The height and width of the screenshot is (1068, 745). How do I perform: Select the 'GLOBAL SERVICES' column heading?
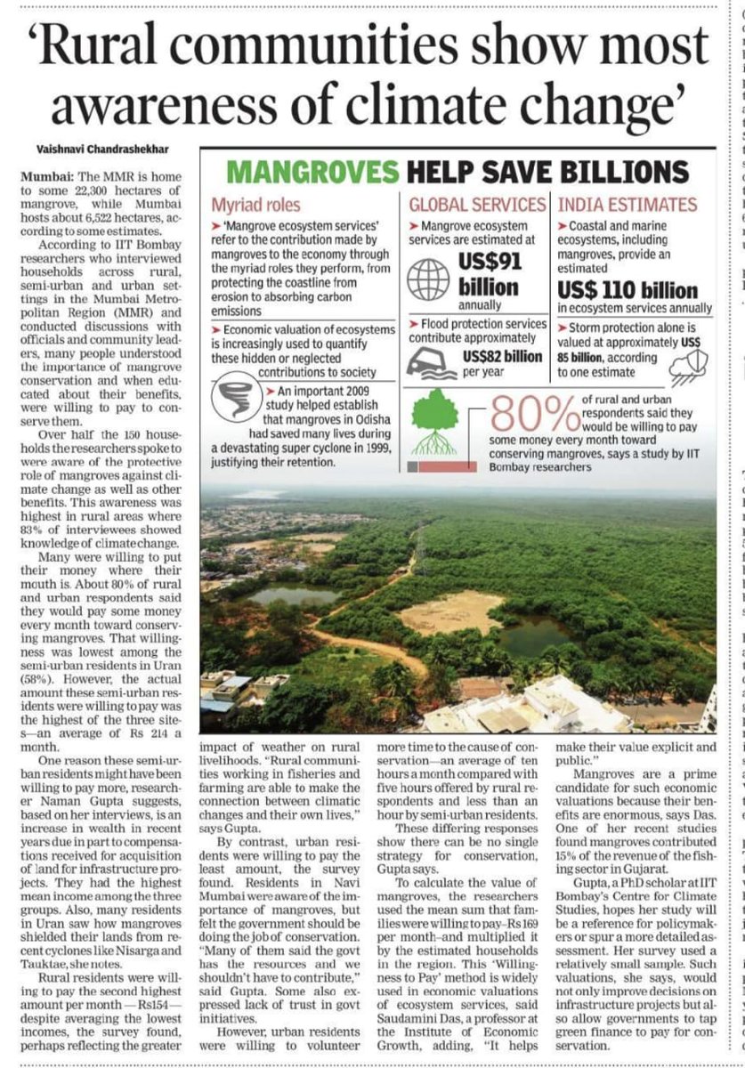tap(476, 204)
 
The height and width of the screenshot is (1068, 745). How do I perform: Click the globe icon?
tap(428, 279)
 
